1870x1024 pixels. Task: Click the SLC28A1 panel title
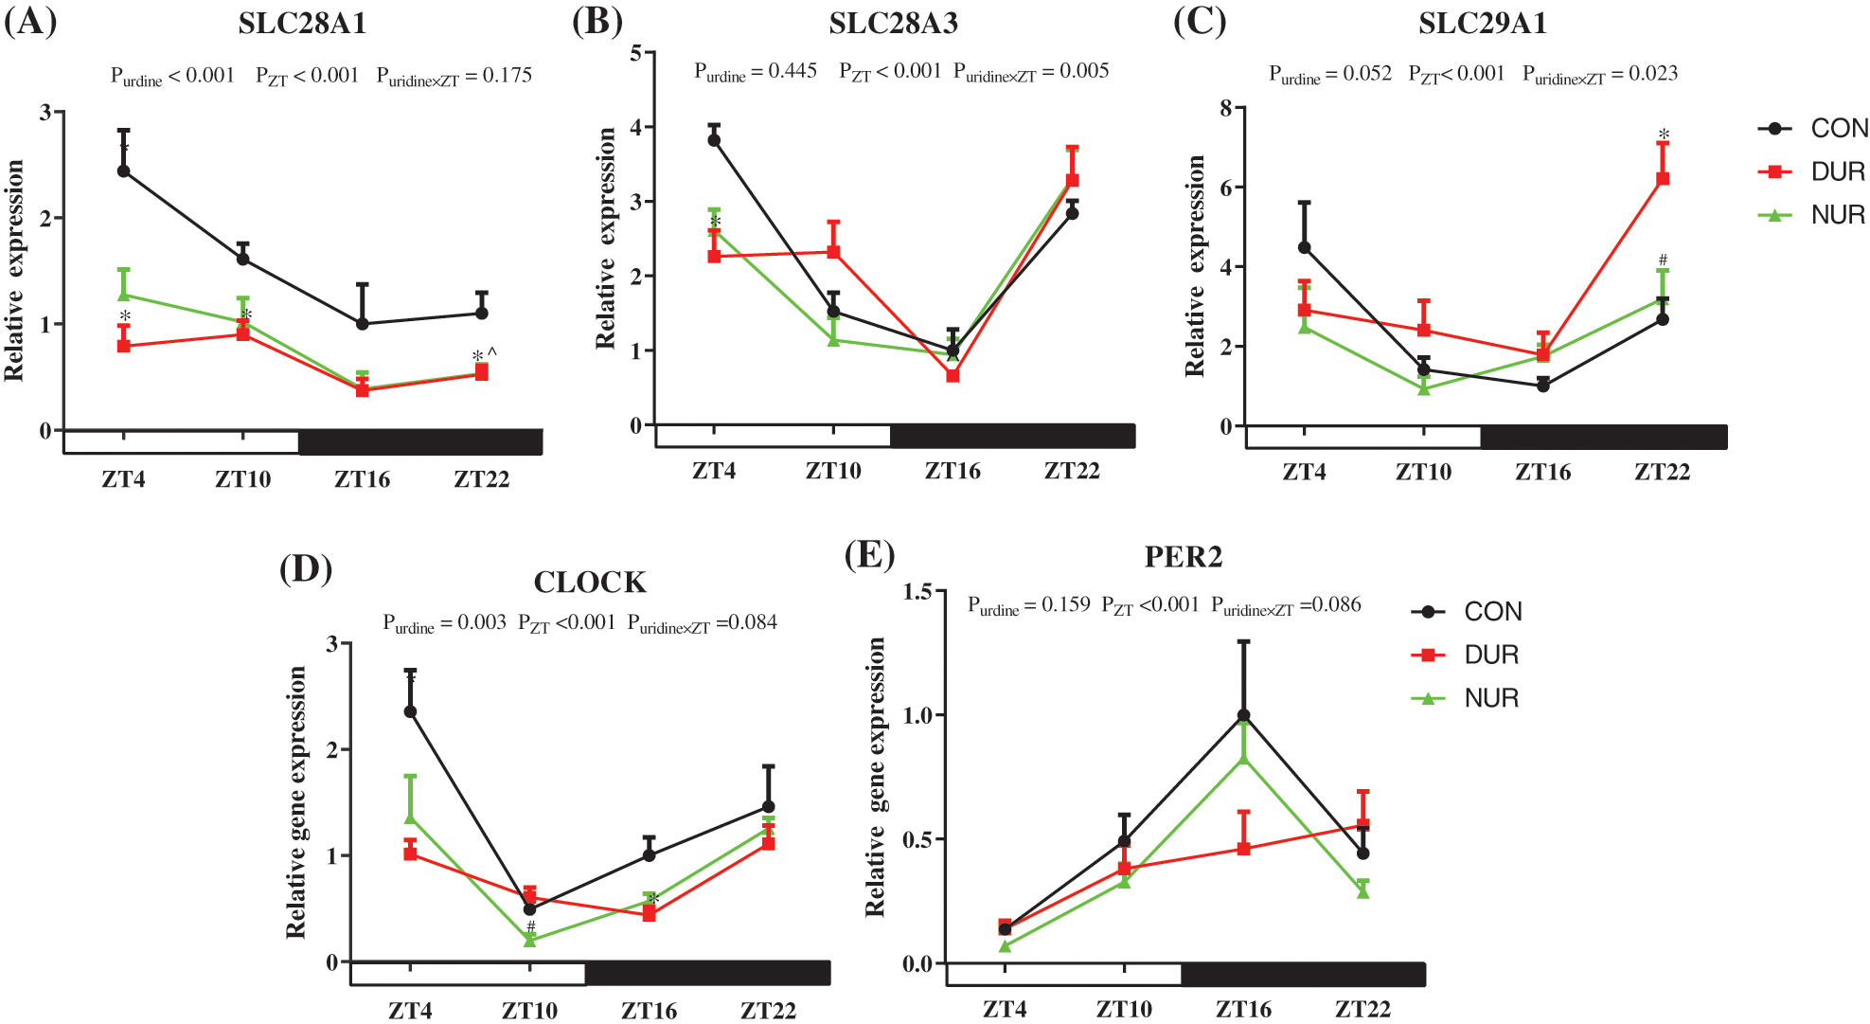[x=302, y=23]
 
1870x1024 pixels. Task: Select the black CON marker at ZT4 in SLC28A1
[x=124, y=171]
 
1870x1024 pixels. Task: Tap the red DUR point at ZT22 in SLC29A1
[x=1663, y=178]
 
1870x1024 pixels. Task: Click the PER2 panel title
[x=1183, y=556]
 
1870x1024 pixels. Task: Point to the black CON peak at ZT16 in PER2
[x=1243, y=716]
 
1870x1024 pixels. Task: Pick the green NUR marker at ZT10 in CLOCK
[x=530, y=940]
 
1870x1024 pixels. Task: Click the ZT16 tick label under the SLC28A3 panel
[x=953, y=471]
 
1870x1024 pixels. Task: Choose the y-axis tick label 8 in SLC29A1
[x=1226, y=109]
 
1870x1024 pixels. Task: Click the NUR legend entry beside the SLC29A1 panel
[x=1812, y=215]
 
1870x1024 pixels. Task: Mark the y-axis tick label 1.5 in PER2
[x=917, y=592]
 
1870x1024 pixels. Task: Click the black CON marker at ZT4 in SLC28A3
[x=714, y=140]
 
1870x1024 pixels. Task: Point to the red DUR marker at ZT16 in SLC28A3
[x=953, y=376]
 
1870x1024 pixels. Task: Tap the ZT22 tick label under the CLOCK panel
[x=768, y=1010]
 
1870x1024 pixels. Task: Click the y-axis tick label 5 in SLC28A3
[x=636, y=53]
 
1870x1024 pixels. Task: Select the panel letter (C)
[x=1200, y=21]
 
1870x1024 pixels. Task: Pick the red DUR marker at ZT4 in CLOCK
[x=411, y=853]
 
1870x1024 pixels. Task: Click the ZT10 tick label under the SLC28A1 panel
[x=243, y=478]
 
